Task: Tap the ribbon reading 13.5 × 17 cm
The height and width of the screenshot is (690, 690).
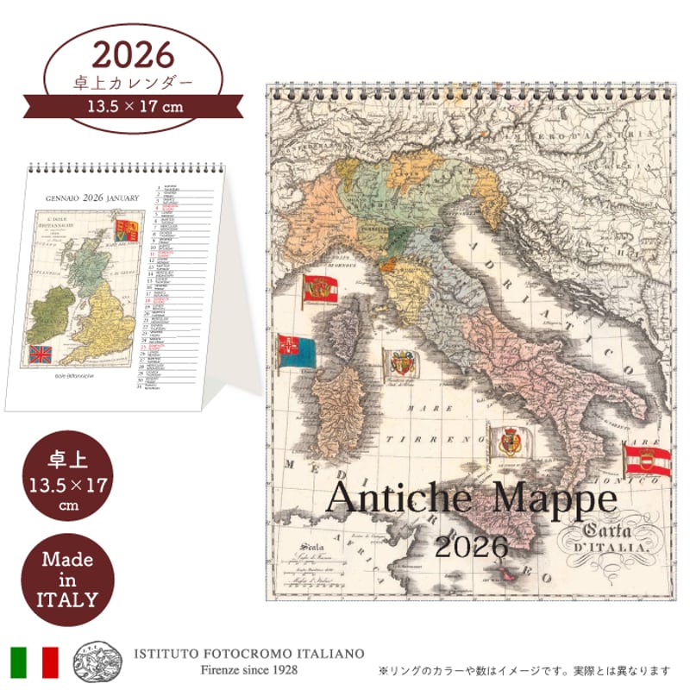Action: tap(133, 107)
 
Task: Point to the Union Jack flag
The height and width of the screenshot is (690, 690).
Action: tap(41, 354)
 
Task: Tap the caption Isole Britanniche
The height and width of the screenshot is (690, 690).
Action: tap(81, 378)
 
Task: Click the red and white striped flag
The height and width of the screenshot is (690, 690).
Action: tap(647, 458)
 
